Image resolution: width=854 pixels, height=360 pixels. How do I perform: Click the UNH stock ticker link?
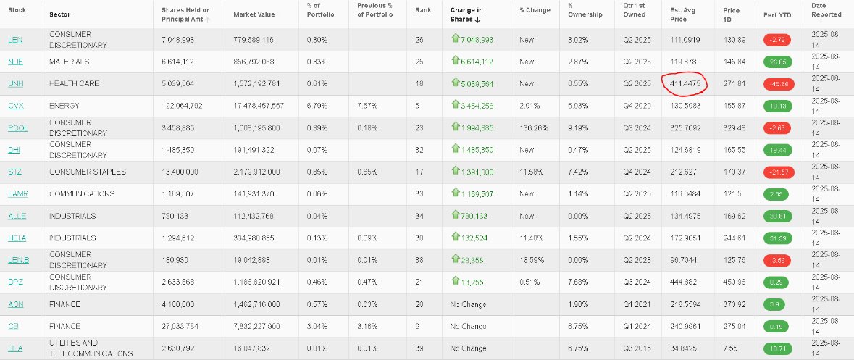(15, 84)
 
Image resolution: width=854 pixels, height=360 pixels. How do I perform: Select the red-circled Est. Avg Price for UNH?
(685, 84)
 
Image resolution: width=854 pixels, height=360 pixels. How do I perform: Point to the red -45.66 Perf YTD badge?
(779, 85)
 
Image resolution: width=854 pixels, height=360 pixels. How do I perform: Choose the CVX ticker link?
(16, 106)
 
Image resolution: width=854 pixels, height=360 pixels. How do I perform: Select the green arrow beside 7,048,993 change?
(456, 38)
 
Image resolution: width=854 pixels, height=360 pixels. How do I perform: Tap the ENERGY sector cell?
(64, 106)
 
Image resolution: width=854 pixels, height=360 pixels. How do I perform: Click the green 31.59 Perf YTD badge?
(779, 238)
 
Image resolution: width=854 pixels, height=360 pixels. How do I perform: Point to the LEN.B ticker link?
(19, 260)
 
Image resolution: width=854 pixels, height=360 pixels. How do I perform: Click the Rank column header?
(422, 10)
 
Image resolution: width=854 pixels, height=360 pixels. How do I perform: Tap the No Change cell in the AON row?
(469, 304)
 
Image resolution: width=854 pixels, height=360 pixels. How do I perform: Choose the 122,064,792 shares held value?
(182, 106)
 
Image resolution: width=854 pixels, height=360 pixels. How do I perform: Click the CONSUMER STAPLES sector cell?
(88, 172)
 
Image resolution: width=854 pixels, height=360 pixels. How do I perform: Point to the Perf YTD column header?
(770, 14)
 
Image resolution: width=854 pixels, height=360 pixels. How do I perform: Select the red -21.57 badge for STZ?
(779, 172)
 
